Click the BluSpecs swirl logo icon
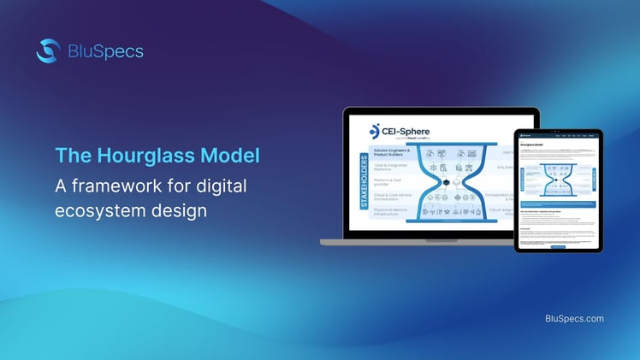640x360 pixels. (47, 51)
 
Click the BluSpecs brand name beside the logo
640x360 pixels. (104, 51)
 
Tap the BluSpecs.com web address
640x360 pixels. (574, 319)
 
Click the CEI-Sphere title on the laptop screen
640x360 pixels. (411, 129)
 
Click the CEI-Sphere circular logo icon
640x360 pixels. (374, 131)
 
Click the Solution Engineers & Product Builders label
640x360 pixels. (393, 153)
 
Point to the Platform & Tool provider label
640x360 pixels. (389, 183)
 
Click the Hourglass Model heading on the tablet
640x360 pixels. (534, 146)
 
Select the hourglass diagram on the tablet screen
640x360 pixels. (558, 180)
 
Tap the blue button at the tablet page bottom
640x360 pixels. (558, 246)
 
